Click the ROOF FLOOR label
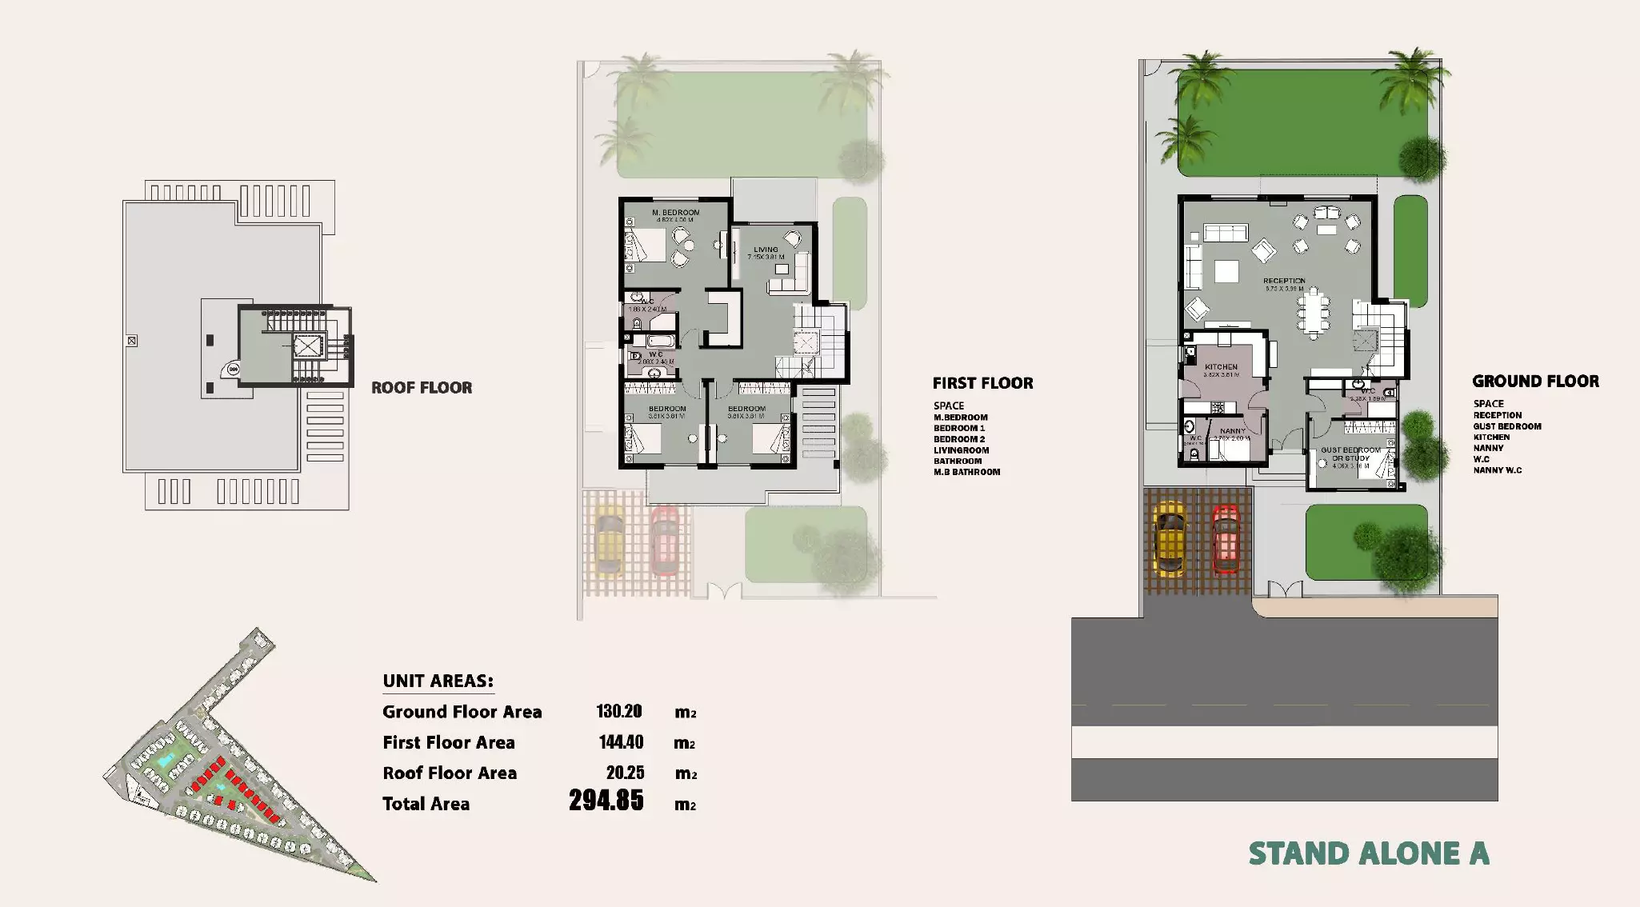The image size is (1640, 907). click(422, 388)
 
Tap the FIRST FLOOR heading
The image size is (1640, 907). click(982, 383)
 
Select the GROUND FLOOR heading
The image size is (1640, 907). click(1535, 382)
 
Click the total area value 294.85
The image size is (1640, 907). click(606, 801)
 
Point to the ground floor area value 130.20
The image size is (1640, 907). click(618, 712)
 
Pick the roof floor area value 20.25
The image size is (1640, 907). click(625, 773)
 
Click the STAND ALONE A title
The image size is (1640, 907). click(1369, 854)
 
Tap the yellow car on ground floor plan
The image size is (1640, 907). click(1170, 538)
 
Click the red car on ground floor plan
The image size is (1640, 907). click(1225, 539)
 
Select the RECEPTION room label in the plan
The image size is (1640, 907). click(1284, 282)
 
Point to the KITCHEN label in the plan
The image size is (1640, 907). click(1221, 367)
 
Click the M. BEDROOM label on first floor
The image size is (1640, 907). click(675, 213)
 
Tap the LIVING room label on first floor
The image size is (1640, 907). click(766, 250)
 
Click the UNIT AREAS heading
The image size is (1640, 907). click(438, 681)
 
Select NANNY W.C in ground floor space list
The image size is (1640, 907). click(1498, 470)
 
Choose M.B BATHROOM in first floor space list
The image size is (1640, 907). click(966, 472)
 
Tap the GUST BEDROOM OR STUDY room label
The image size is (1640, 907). click(1350, 454)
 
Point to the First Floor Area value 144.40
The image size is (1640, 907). click(621, 742)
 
